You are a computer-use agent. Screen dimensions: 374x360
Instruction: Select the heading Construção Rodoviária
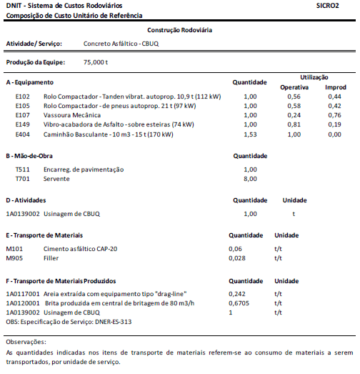179,30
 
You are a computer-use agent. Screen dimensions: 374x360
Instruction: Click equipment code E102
23,96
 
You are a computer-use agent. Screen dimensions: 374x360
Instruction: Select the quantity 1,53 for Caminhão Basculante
250,134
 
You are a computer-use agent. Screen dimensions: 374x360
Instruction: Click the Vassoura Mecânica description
71,115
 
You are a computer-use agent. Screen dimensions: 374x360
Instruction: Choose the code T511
23,169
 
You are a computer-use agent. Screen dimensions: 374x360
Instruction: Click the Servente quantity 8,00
250,179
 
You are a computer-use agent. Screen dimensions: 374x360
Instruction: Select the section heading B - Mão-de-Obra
39,155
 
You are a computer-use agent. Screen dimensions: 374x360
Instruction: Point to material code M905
15,257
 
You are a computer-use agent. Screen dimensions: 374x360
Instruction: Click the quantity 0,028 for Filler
237,257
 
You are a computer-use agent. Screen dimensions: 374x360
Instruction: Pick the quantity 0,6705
240,303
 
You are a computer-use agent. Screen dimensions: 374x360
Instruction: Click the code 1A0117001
23,294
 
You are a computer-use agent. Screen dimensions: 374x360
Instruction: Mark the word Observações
26,342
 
